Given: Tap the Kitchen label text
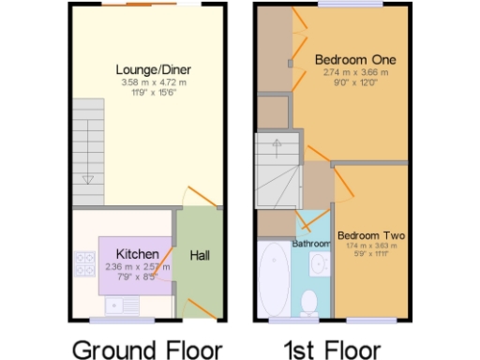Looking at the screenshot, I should [x=137, y=254].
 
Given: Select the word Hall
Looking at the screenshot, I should [x=201, y=255].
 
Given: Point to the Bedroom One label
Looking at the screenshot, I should [x=354, y=59].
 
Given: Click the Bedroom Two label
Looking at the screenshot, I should [x=370, y=234].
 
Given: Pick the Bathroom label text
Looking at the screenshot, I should [x=311, y=244].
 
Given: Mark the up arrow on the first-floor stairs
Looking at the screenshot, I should [x=276, y=145].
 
